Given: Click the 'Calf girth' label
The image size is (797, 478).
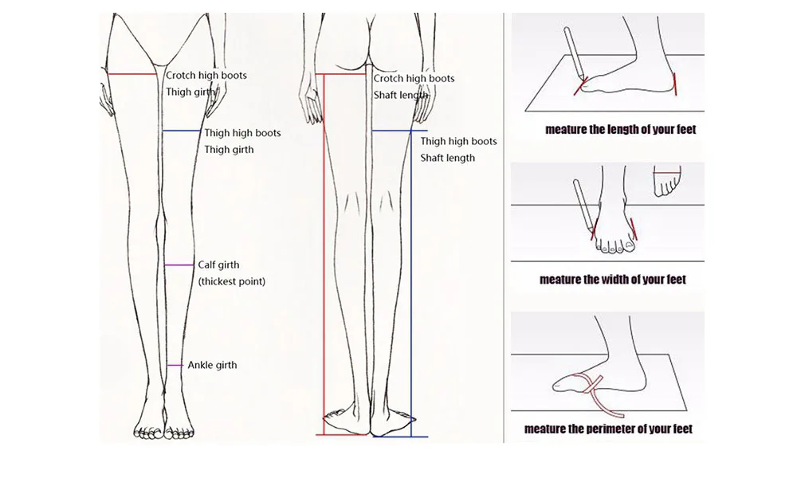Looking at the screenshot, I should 218,264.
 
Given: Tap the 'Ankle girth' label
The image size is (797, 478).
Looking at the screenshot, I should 212,365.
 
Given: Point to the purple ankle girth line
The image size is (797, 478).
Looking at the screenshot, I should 175,365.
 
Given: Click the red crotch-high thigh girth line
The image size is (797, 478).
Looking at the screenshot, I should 132,74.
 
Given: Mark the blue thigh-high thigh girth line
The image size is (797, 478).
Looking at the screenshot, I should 182,131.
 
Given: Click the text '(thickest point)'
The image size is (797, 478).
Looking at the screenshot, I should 231,281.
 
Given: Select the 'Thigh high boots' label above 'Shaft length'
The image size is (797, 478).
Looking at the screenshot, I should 458,141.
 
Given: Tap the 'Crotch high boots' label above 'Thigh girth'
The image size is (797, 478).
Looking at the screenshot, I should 206,76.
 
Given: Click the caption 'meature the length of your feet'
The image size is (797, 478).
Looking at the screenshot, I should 620,129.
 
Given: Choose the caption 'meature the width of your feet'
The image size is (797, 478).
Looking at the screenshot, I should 612,280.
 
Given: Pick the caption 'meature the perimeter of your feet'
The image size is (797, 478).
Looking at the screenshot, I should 608,429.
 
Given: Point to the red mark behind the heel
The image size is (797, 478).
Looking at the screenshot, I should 676,84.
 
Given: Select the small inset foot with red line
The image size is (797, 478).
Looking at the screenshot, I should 666,182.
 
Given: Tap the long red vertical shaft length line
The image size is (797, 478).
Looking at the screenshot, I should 322,255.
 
